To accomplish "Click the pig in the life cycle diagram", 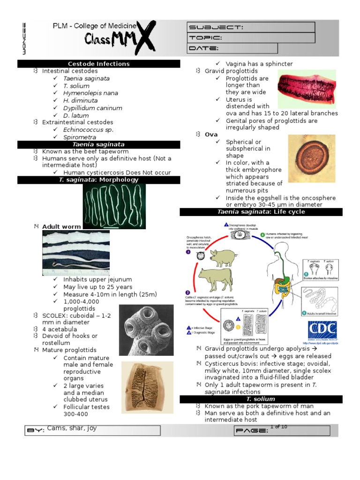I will pos(222,257).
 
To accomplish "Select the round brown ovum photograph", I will pos(312,159).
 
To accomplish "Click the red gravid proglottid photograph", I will pos(307,89).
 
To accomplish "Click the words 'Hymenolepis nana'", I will pos(91,93).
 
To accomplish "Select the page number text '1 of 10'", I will pos(278,427).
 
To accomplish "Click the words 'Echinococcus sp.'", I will pos(89,130).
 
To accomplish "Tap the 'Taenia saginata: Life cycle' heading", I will pos(261,212).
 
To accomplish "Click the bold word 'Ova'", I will pos(211,135).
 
